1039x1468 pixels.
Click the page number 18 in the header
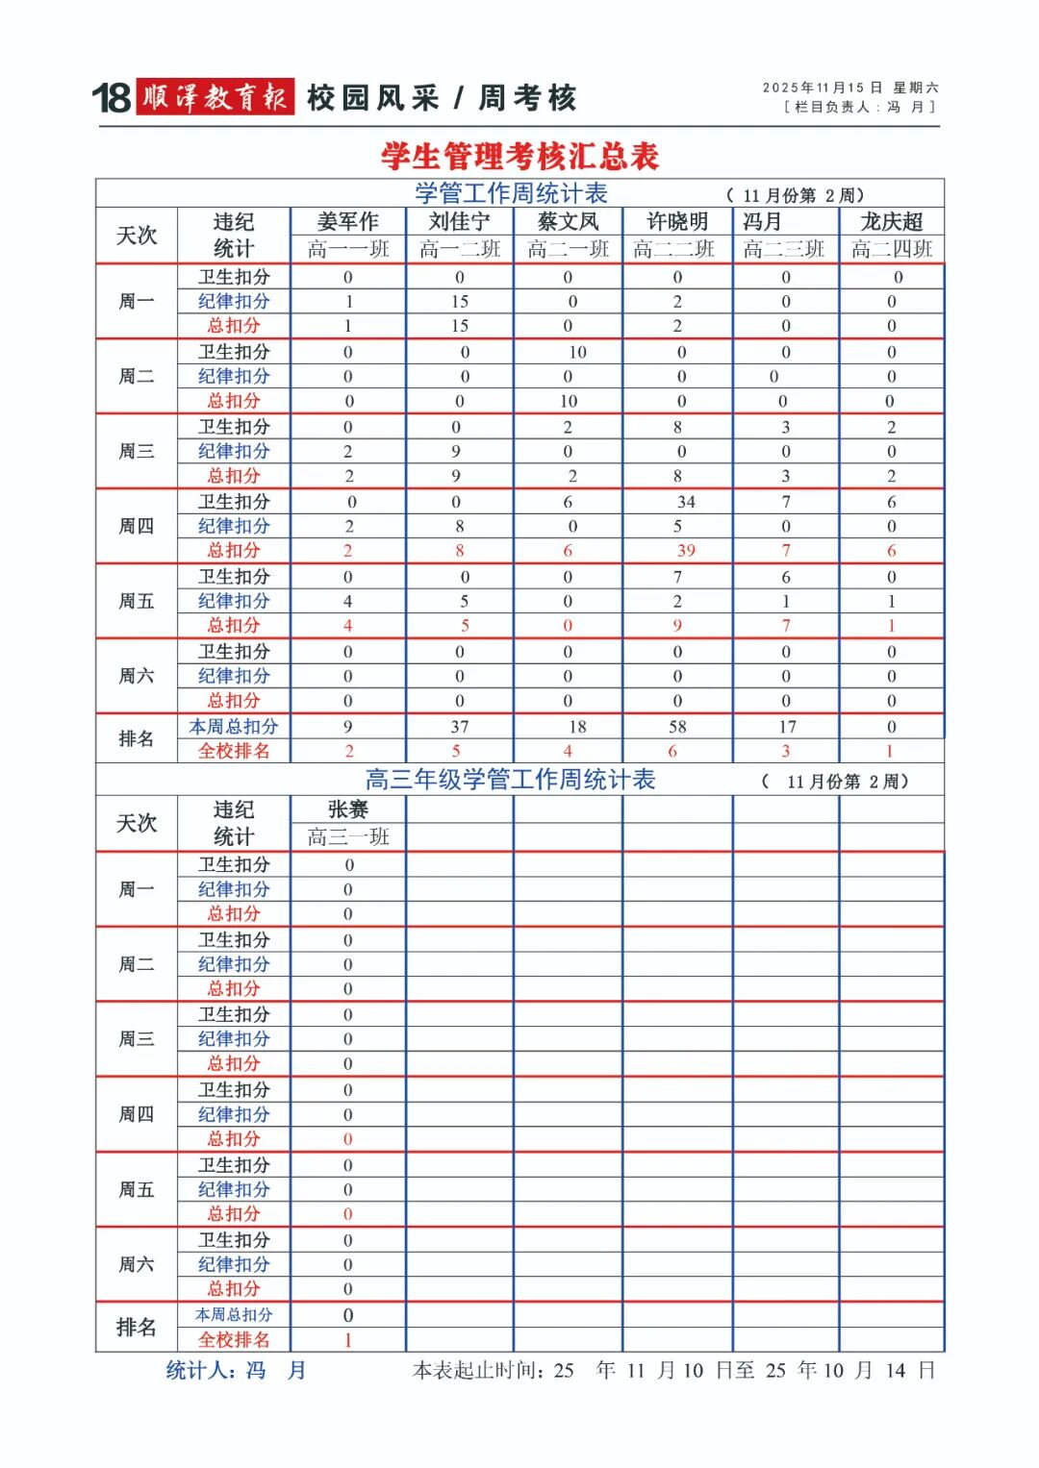(x=111, y=98)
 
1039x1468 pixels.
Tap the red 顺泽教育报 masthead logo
(x=215, y=97)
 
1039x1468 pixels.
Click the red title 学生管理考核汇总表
(x=519, y=156)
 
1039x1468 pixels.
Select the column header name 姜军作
(x=347, y=222)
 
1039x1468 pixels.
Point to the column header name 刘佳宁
(x=459, y=222)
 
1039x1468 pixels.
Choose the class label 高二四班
(x=892, y=249)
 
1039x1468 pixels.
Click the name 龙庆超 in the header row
(x=892, y=222)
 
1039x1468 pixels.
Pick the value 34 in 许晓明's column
(x=686, y=502)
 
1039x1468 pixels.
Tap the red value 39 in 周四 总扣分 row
(x=686, y=551)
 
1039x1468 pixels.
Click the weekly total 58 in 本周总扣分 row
(x=677, y=727)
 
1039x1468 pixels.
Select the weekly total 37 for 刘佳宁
(x=460, y=727)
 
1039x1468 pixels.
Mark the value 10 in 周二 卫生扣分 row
(x=577, y=352)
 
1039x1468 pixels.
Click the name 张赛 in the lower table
(x=347, y=809)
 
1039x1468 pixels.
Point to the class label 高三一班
(x=347, y=837)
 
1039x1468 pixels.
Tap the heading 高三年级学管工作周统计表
(x=510, y=780)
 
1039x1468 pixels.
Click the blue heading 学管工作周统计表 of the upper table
(x=511, y=193)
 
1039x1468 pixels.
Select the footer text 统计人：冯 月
(x=236, y=1370)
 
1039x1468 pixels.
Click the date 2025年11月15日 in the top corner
(x=822, y=87)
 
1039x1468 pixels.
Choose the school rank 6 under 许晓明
(x=672, y=751)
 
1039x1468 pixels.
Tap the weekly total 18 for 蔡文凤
(x=577, y=727)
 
